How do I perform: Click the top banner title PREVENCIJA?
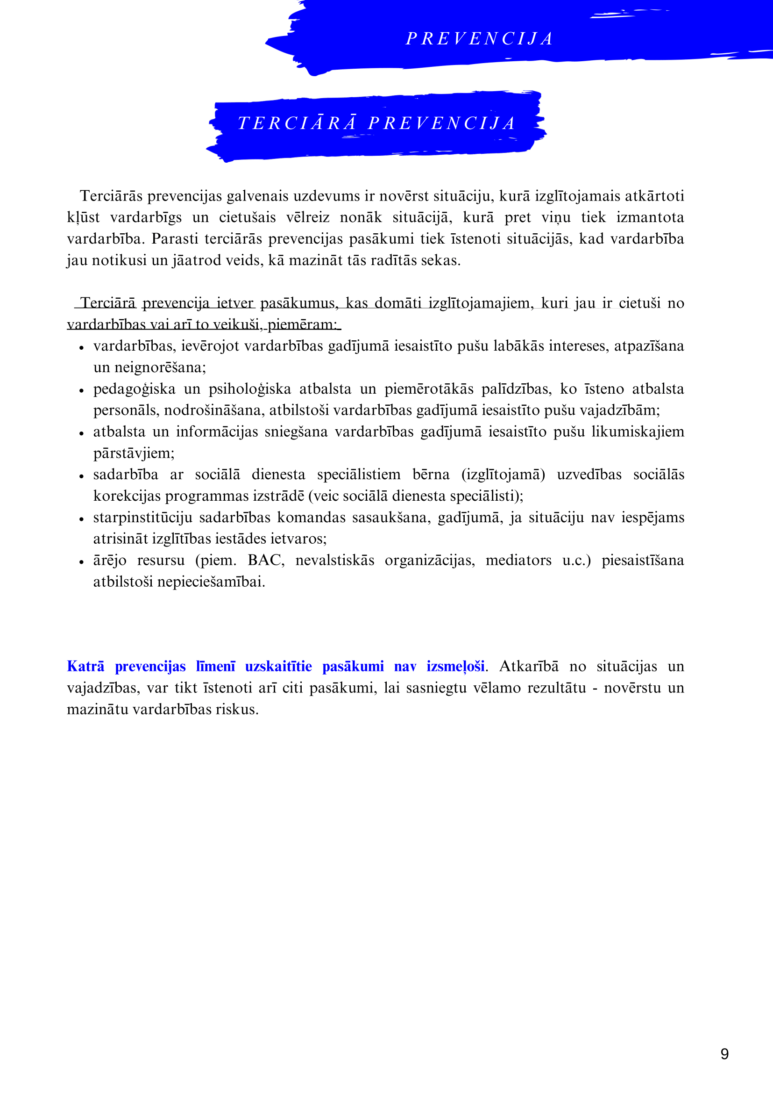(x=479, y=39)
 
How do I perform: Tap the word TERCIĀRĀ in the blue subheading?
(x=297, y=123)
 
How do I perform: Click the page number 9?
(x=724, y=1053)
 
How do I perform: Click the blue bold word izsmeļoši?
(x=455, y=666)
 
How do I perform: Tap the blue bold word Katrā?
(x=85, y=666)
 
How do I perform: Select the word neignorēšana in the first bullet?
(x=160, y=367)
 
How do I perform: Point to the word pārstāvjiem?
(x=134, y=453)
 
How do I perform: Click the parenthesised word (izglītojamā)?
(x=503, y=475)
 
